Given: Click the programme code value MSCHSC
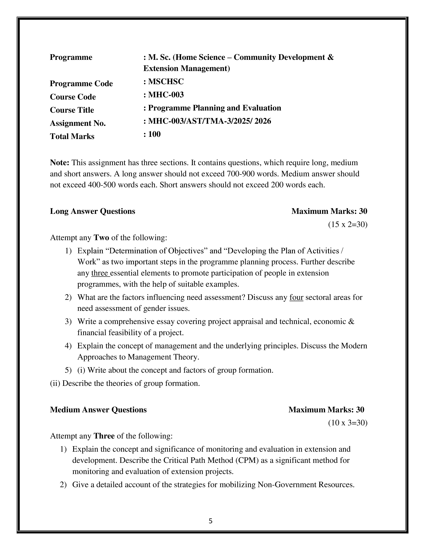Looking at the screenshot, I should tap(166, 82).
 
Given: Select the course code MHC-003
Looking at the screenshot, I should tap(166, 95).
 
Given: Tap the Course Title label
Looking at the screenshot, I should tap(72, 110).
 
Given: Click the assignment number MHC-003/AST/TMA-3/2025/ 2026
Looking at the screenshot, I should tap(209, 121).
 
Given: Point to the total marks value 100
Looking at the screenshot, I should tap(154, 134).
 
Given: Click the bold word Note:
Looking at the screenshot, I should tap(60, 163).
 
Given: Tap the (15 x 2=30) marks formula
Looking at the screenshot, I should tap(348, 224).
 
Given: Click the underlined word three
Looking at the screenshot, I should tap(100, 273).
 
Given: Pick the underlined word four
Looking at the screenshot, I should tap(296, 297).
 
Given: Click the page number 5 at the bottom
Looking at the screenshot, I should tap(210, 521).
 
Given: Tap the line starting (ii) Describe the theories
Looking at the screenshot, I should tap(125, 383).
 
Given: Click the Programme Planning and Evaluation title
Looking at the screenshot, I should tap(214, 108).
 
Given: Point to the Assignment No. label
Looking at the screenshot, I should tap(78, 123).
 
